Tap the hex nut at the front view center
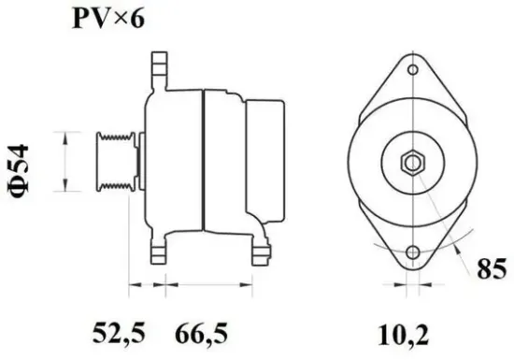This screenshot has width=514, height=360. tap(410, 163)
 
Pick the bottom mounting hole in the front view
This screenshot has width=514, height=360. tap(411, 252)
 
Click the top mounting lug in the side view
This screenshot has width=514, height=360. tap(157, 71)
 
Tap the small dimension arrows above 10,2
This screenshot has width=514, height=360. tap(411, 283)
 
